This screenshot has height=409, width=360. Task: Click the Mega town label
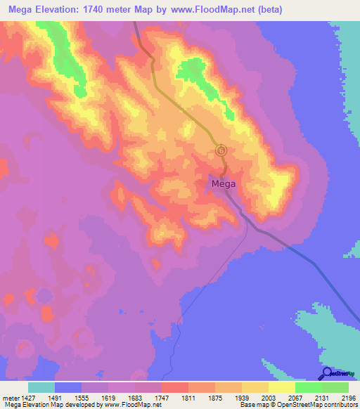[223, 184]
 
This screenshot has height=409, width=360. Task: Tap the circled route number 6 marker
[221, 150]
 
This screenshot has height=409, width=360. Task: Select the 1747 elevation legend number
[162, 399]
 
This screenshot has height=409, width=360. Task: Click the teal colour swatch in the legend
[41, 387]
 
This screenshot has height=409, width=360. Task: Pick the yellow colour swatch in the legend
[282, 387]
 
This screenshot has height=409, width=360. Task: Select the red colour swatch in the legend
[175, 387]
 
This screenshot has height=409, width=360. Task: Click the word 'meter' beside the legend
[9, 399]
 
